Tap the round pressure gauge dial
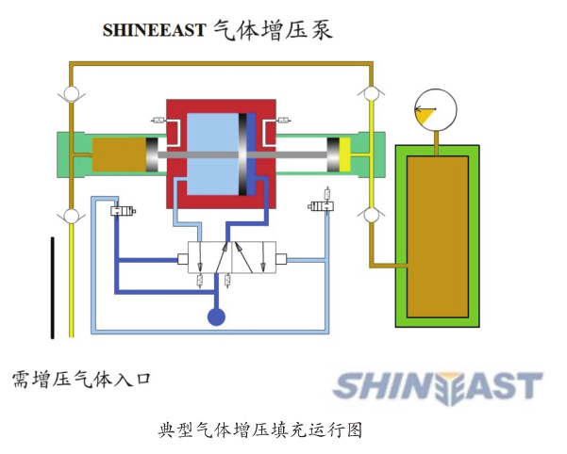(x=435, y=108)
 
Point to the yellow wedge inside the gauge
(x=428, y=114)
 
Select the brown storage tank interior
(x=435, y=235)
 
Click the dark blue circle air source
(x=216, y=317)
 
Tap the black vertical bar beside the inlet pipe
(x=53, y=287)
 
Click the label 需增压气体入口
(x=81, y=379)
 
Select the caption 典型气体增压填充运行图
(x=260, y=430)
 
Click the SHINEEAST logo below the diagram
(x=439, y=385)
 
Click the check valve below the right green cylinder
(x=371, y=215)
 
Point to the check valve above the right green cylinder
(x=371, y=94)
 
